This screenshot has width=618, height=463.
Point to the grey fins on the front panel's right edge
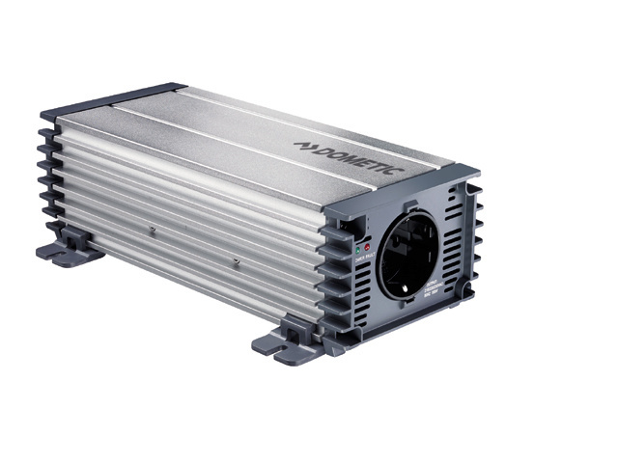pyautogui.click(x=473, y=241)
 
